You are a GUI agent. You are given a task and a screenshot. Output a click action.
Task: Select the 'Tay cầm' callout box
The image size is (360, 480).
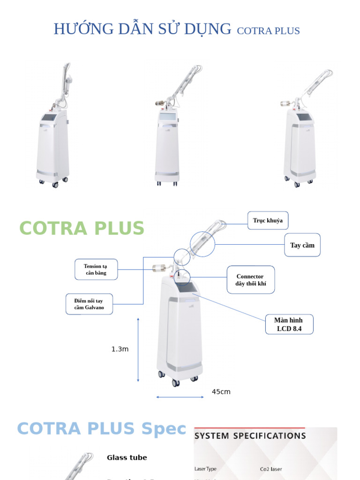click(302, 245)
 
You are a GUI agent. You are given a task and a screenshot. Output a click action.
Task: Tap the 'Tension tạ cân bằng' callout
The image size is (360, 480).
click(95, 270)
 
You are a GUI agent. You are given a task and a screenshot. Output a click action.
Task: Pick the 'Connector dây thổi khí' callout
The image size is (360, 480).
click(250, 280)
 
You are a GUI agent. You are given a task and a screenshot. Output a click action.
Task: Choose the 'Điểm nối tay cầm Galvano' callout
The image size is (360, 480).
click(89, 304)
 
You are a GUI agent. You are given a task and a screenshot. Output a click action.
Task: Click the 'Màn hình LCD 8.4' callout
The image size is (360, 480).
click(289, 324)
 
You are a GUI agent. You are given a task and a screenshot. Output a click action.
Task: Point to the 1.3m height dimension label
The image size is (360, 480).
click(120, 349)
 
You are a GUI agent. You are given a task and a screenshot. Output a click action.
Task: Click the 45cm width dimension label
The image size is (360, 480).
click(221, 392)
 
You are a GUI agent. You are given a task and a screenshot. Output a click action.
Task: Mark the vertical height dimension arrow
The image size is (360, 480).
click(138, 350)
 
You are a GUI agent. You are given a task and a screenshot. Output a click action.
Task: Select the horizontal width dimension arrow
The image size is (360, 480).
click(180, 397)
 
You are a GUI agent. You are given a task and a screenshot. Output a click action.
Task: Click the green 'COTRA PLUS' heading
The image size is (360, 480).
click(82, 228)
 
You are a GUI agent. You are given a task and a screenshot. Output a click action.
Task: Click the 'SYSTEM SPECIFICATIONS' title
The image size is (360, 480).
click(250, 436)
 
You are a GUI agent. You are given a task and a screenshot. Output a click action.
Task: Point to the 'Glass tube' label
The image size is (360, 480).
click(127, 457)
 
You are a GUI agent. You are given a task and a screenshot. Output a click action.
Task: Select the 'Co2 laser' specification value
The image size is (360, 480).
click(271, 469)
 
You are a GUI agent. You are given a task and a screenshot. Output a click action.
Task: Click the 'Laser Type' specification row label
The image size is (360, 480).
click(206, 469)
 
